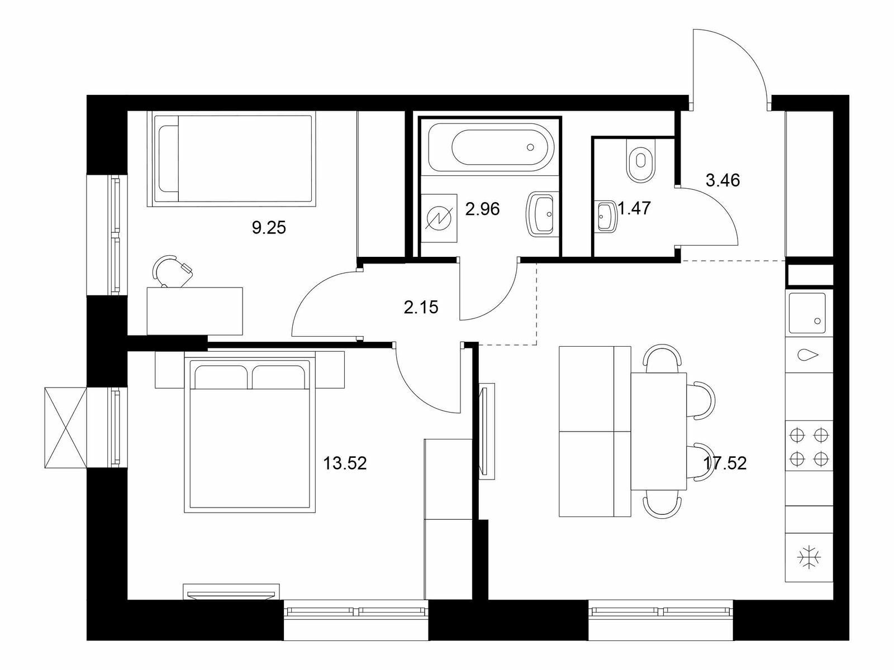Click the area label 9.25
[269, 228]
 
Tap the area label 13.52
[345, 463]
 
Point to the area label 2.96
[482, 209]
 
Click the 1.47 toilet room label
[634, 209]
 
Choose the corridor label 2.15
[421, 307]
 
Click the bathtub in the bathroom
[491, 147]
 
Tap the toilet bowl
[641, 160]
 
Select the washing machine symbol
[439, 218]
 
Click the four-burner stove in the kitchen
[809, 447]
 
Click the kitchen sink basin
[807, 313]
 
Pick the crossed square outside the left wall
[65, 428]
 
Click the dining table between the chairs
[659, 431]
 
